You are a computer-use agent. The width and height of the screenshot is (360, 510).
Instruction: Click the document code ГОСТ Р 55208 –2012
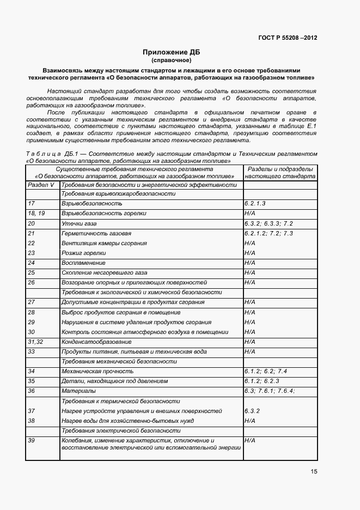click(288, 38)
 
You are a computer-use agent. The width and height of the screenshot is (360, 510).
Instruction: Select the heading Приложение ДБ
click(171, 52)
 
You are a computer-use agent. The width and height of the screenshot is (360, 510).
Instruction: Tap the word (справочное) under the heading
click(171, 60)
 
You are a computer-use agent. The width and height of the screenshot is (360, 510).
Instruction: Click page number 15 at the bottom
click(314, 472)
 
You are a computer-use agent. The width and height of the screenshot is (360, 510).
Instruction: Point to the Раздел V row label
click(41, 185)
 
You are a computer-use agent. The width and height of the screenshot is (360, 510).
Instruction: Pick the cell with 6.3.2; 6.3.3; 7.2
click(269, 223)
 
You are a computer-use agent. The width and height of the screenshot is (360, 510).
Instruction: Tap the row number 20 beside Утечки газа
click(31, 223)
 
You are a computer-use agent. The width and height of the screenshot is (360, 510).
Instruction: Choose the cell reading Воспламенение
click(83, 263)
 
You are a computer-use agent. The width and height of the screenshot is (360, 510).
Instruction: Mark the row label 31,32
click(35, 342)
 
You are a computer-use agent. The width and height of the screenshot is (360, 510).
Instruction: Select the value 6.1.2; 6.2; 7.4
click(266, 371)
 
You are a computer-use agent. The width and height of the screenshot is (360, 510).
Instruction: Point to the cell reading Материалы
click(79, 391)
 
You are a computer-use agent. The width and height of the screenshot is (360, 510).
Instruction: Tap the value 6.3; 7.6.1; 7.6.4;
click(270, 391)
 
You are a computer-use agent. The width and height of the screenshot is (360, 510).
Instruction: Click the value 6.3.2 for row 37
click(252, 411)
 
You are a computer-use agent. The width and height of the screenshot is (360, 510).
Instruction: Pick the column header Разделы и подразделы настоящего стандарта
click(280, 173)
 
